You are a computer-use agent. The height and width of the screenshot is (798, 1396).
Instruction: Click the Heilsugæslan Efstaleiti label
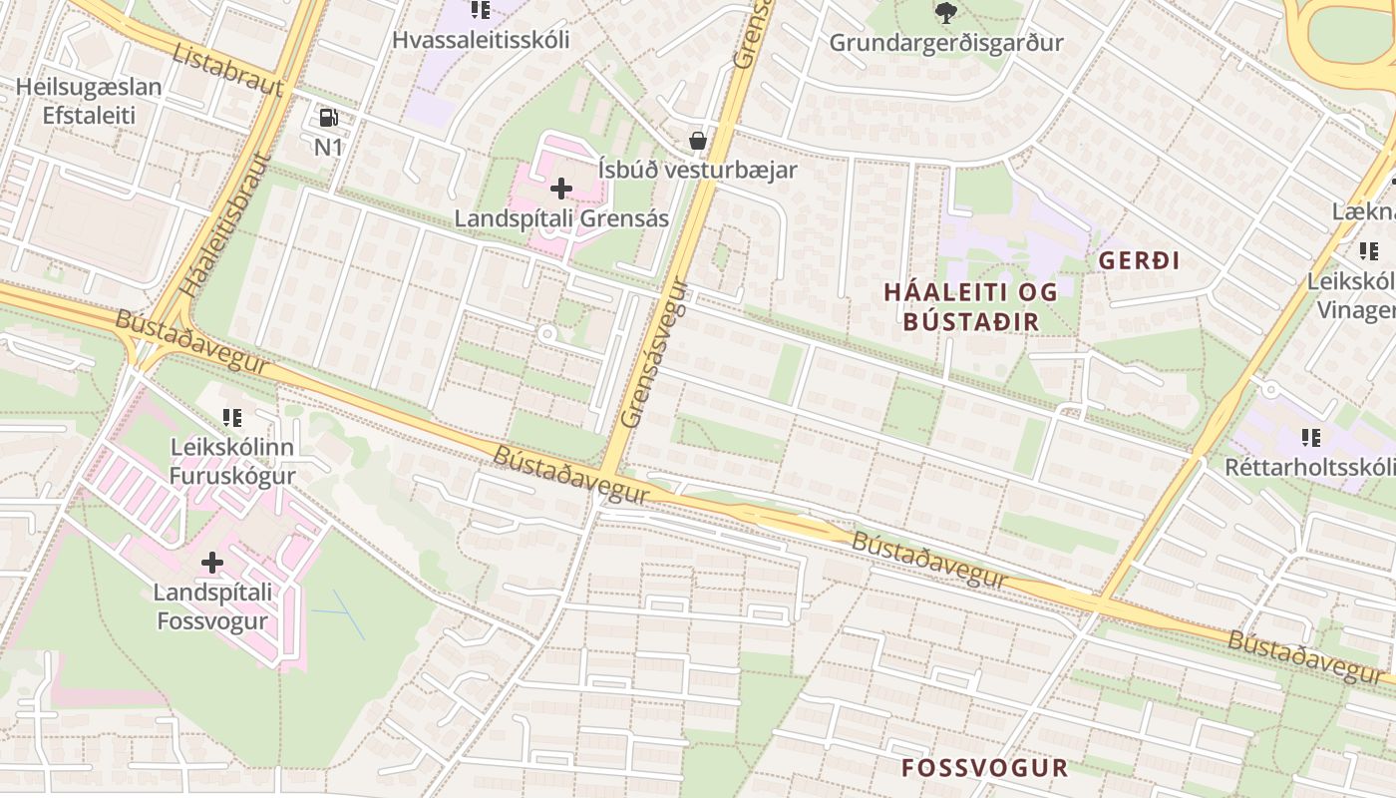tap(89, 101)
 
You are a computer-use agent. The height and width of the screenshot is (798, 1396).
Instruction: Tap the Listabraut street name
tap(228, 69)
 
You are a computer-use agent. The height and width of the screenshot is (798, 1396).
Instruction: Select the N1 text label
tap(328, 147)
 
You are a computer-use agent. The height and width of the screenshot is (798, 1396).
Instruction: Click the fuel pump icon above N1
tap(328, 118)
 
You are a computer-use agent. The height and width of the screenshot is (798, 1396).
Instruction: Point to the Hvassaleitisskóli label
tap(481, 40)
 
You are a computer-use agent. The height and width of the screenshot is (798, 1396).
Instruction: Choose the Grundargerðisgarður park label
tap(946, 43)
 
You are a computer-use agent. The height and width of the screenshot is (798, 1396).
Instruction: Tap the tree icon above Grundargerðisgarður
tap(946, 13)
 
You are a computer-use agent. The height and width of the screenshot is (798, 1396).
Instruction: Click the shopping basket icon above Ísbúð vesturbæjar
tap(698, 141)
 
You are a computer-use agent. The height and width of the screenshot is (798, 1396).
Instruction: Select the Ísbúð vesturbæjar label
tap(698, 170)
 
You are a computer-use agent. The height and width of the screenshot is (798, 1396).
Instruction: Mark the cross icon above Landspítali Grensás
tap(561, 188)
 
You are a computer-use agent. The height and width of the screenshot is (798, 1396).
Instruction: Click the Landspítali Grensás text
tap(561, 217)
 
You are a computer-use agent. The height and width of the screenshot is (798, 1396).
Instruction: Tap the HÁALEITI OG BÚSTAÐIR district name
tap(971, 306)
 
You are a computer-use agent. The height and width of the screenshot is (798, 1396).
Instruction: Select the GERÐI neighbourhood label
tap(1139, 261)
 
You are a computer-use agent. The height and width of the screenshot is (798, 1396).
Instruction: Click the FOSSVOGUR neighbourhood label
tap(984, 768)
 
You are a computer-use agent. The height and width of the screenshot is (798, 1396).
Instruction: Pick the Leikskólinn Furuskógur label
tap(232, 461)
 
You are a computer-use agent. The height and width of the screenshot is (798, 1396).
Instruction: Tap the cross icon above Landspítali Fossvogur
tap(211, 564)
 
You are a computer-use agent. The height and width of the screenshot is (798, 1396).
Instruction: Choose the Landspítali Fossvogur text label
tap(211, 606)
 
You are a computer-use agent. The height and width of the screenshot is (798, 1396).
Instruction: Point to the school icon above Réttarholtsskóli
tap(1310, 437)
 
